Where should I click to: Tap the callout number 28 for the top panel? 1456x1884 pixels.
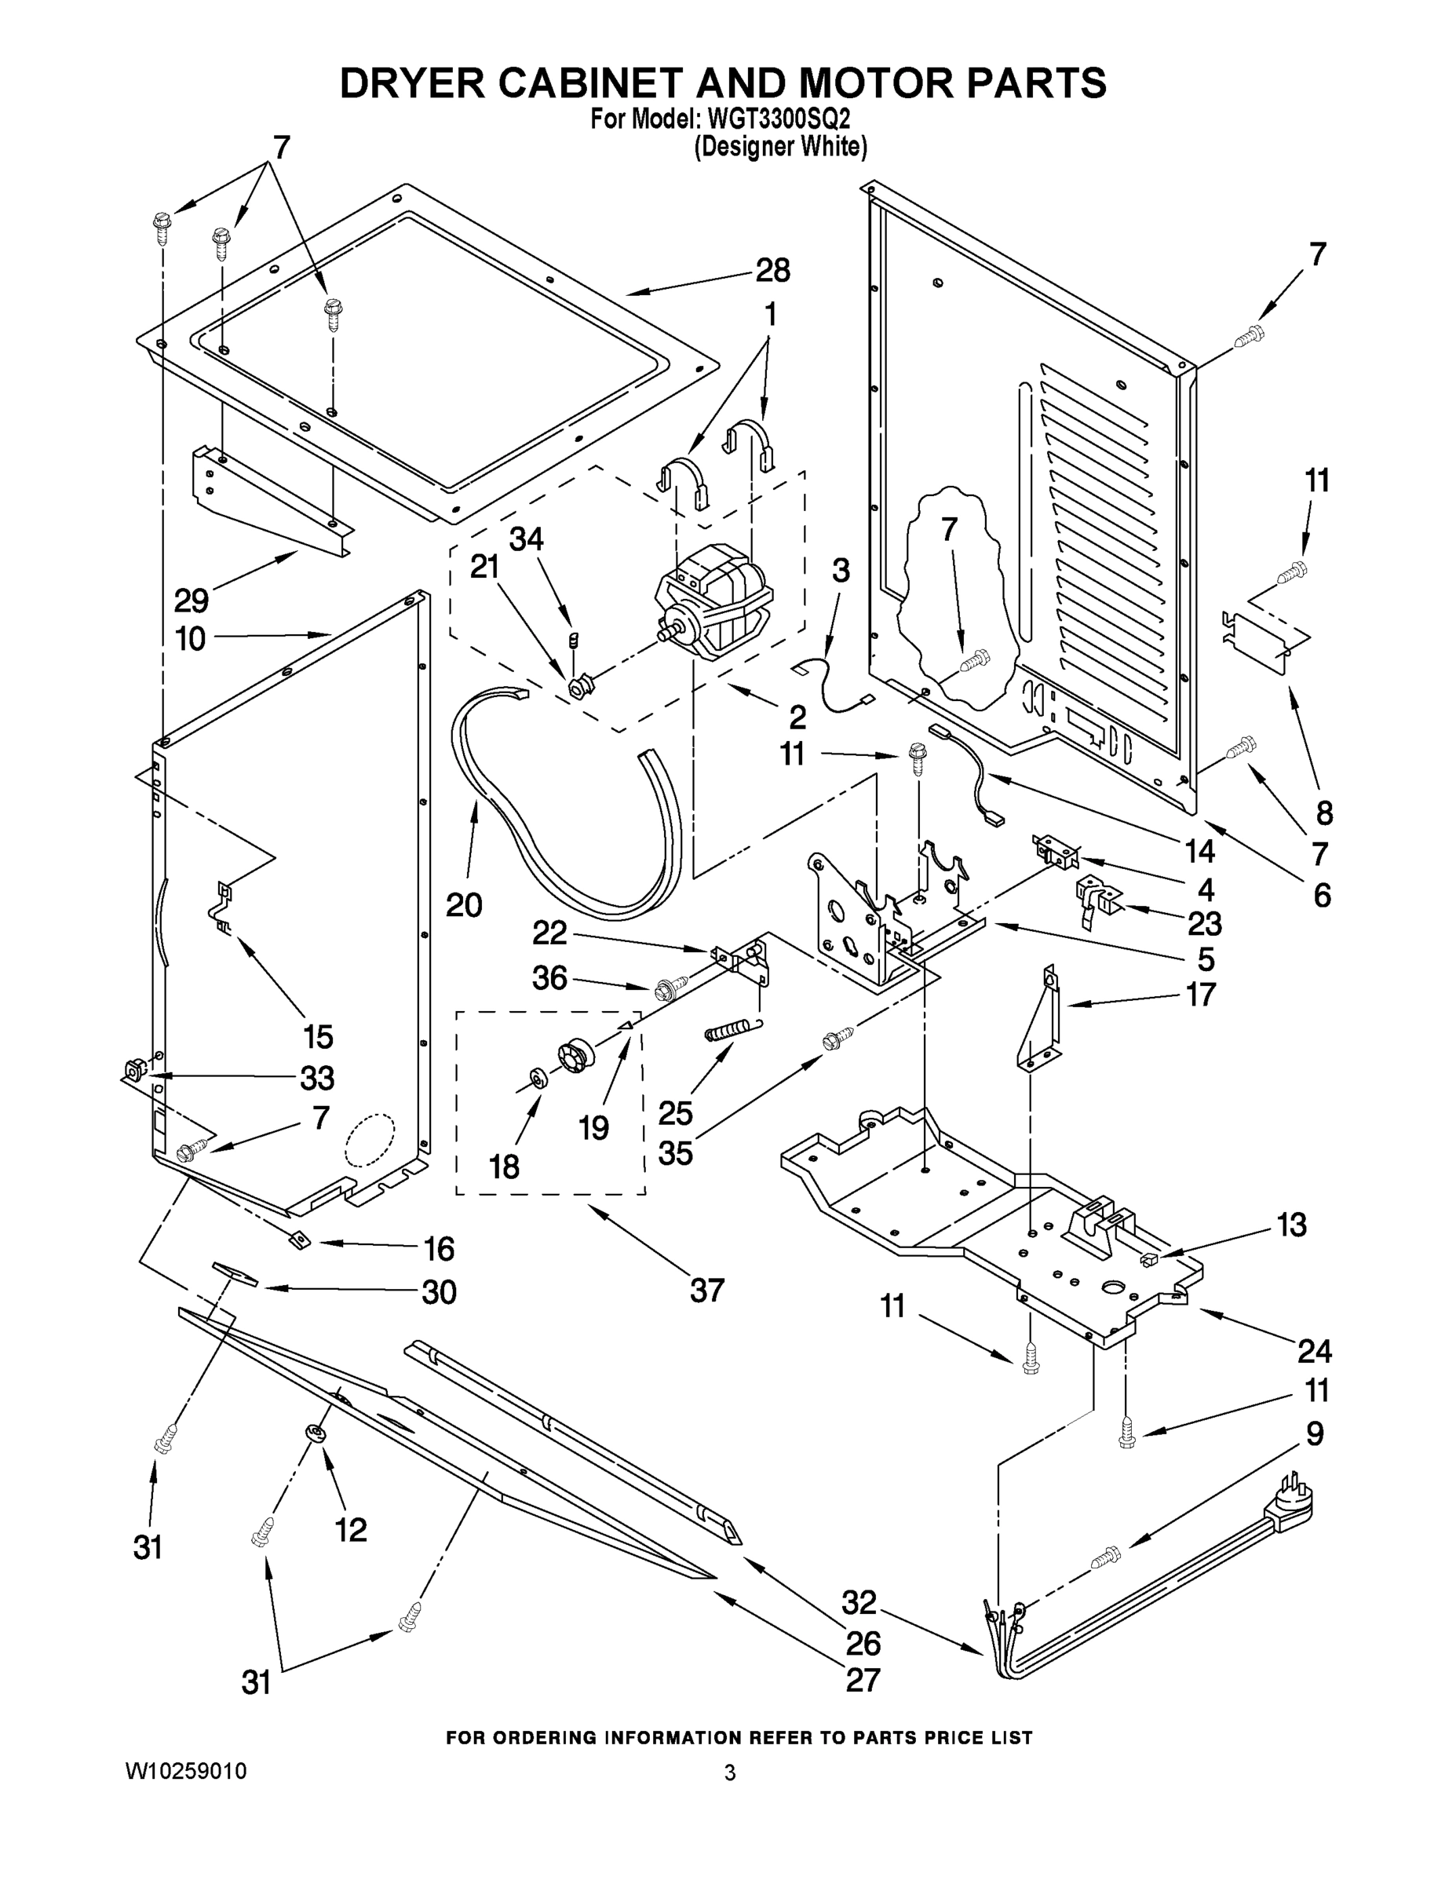pyautogui.click(x=772, y=271)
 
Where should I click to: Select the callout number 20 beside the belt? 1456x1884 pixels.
pyautogui.click(x=464, y=905)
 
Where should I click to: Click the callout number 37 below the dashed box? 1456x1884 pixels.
pyautogui.click(x=706, y=1291)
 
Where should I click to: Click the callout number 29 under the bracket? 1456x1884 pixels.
pyautogui.click(x=192, y=600)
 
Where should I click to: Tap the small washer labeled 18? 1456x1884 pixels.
pyautogui.click(x=538, y=1079)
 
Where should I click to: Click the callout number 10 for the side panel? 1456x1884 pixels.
pyautogui.click(x=191, y=639)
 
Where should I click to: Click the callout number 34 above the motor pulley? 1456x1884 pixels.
pyautogui.click(x=526, y=539)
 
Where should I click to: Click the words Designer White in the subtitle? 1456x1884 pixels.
pyautogui.click(x=781, y=147)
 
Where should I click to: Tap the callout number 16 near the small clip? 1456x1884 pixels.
pyautogui.click(x=439, y=1248)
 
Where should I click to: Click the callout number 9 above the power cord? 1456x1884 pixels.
pyautogui.click(x=1315, y=1433)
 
